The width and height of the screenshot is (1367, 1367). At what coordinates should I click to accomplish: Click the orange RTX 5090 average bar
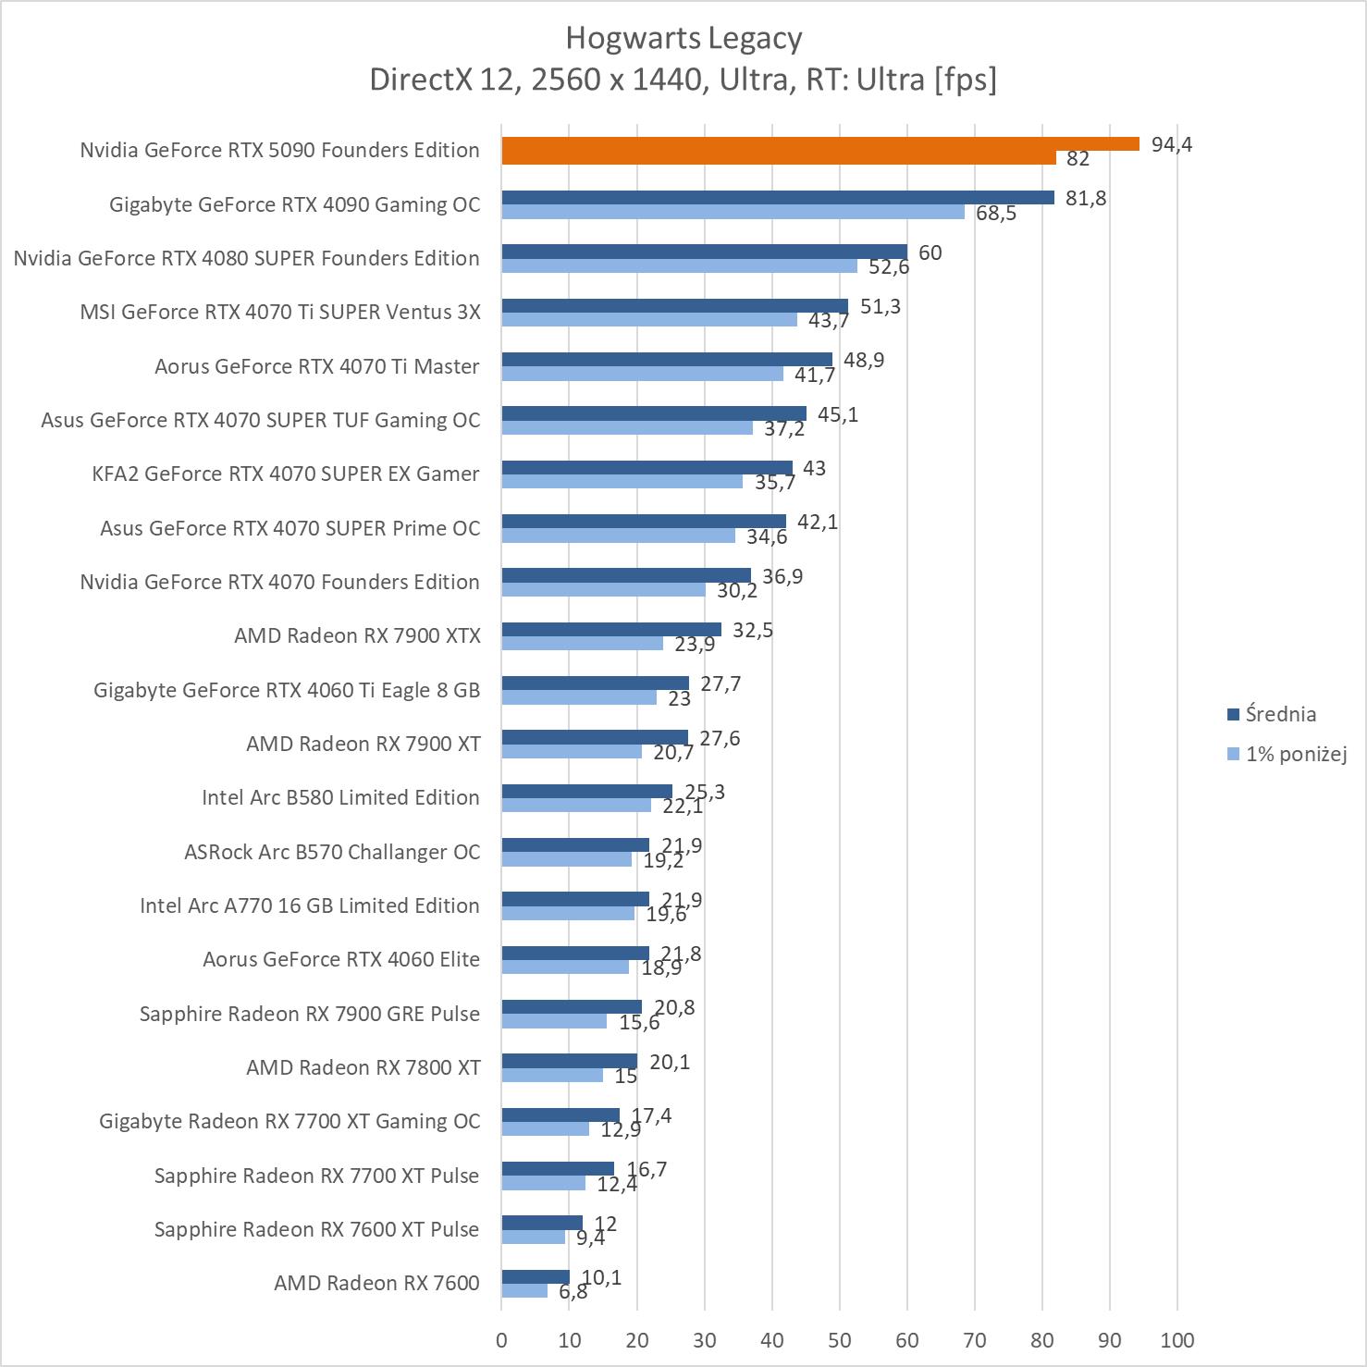(819, 143)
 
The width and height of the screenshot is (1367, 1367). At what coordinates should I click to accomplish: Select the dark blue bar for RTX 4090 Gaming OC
(777, 197)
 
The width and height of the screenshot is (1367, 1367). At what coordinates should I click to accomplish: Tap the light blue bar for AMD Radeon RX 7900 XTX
(582, 644)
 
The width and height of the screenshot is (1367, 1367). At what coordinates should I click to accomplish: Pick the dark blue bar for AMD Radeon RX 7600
(536, 1276)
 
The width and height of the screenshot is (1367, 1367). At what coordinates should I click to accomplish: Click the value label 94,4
(1172, 144)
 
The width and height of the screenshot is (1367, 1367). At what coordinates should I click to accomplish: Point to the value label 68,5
(996, 214)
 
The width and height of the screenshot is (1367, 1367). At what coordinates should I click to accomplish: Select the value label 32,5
(753, 631)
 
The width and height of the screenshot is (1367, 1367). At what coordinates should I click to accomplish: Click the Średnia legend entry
(1280, 714)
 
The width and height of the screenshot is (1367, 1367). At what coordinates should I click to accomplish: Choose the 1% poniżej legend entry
(1295, 754)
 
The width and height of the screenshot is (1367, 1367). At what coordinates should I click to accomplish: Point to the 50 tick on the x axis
(840, 1340)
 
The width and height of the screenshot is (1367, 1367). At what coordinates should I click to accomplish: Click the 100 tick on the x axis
(1177, 1340)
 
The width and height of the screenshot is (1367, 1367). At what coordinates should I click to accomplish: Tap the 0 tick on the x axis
(501, 1340)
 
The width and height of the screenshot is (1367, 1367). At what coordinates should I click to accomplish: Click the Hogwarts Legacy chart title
(683, 38)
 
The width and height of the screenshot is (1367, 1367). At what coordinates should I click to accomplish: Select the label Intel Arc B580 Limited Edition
(340, 797)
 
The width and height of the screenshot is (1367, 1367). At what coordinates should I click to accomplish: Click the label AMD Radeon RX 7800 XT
(363, 1067)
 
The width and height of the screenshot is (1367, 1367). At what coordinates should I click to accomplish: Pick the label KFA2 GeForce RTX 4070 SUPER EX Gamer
(286, 474)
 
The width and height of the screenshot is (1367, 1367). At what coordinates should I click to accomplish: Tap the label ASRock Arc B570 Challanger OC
(332, 852)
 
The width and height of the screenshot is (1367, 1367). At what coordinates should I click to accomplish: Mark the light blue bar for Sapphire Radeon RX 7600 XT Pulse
(533, 1237)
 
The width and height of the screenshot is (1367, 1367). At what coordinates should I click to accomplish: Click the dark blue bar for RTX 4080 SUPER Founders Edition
(704, 252)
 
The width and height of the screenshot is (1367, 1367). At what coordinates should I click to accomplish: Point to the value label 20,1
(670, 1062)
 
